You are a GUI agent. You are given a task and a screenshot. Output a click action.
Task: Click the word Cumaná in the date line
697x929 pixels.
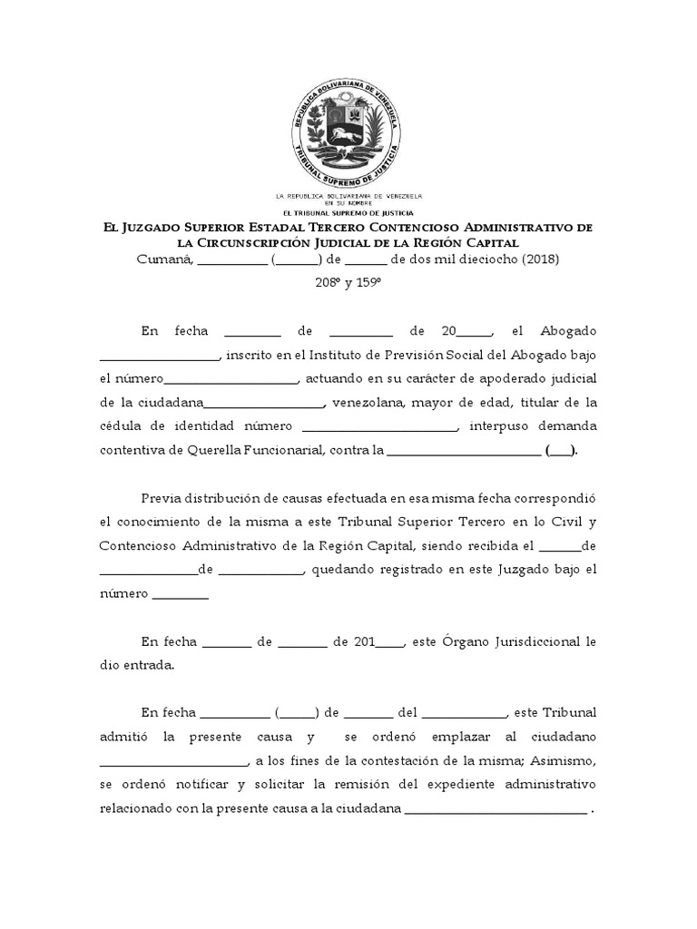(x=163, y=259)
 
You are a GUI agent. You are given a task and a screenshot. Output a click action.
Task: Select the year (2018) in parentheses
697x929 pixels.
(x=541, y=259)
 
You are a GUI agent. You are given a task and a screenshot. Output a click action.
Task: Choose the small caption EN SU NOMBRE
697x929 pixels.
(x=348, y=203)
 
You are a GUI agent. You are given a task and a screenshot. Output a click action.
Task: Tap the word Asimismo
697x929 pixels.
(x=559, y=759)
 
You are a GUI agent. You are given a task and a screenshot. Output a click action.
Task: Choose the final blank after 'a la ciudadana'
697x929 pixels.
(x=496, y=808)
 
